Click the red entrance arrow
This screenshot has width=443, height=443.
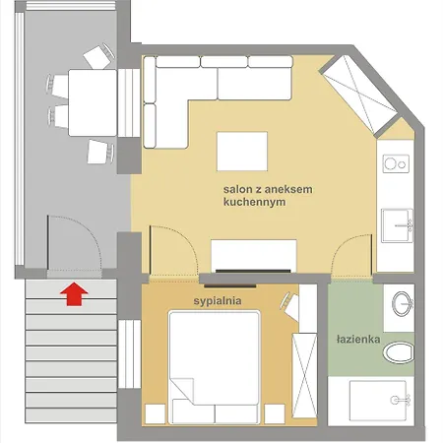click(x=72, y=292)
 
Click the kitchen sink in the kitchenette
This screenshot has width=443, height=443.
click(x=398, y=225)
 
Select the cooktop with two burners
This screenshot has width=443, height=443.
click(x=396, y=158)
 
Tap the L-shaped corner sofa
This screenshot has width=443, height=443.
click(x=197, y=89)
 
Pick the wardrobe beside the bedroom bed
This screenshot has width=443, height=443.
click(x=307, y=354)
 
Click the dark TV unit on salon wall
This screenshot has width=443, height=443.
click(x=253, y=268)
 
